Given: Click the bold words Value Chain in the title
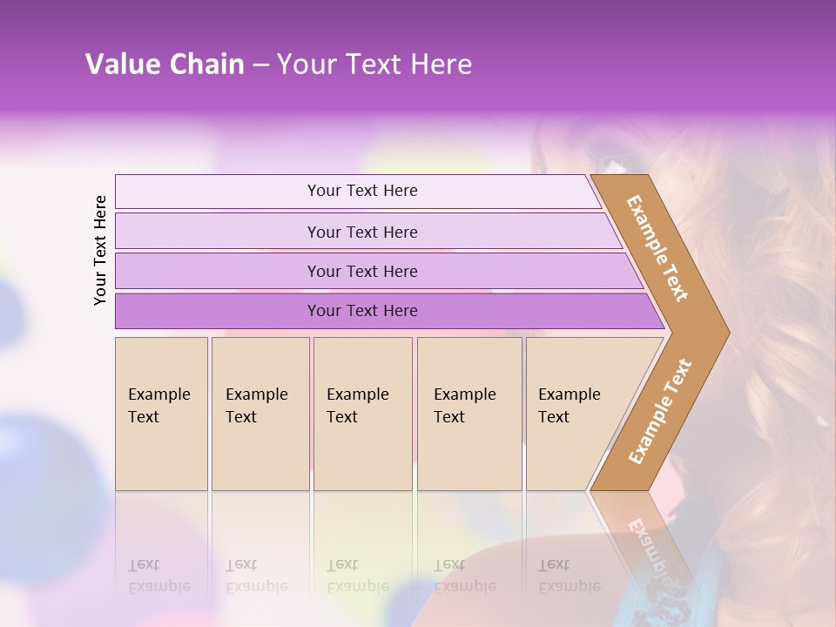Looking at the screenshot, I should pyautogui.click(x=165, y=64).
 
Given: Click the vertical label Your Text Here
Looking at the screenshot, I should pyautogui.click(x=100, y=250).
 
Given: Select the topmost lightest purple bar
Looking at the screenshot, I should pyautogui.click(x=218, y=192).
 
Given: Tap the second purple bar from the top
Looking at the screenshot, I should pyautogui.click(x=218, y=232).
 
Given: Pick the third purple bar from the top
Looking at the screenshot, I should pyautogui.click(x=218, y=271).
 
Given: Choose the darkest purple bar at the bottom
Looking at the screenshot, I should pyautogui.click(x=218, y=311).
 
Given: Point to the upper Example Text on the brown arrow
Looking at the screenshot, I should pyautogui.click(x=657, y=248).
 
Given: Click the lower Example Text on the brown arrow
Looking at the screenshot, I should pyautogui.click(x=660, y=412).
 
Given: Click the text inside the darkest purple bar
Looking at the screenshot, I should pyautogui.click(x=362, y=311).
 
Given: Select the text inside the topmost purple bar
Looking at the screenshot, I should pyautogui.click(x=362, y=191).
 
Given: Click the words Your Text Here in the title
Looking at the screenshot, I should pyautogui.click(x=374, y=64).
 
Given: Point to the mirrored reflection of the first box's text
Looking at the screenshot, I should pyautogui.click(x=158, y=576).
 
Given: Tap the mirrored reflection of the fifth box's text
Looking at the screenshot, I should pyautogui.click(x=569, y=576).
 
